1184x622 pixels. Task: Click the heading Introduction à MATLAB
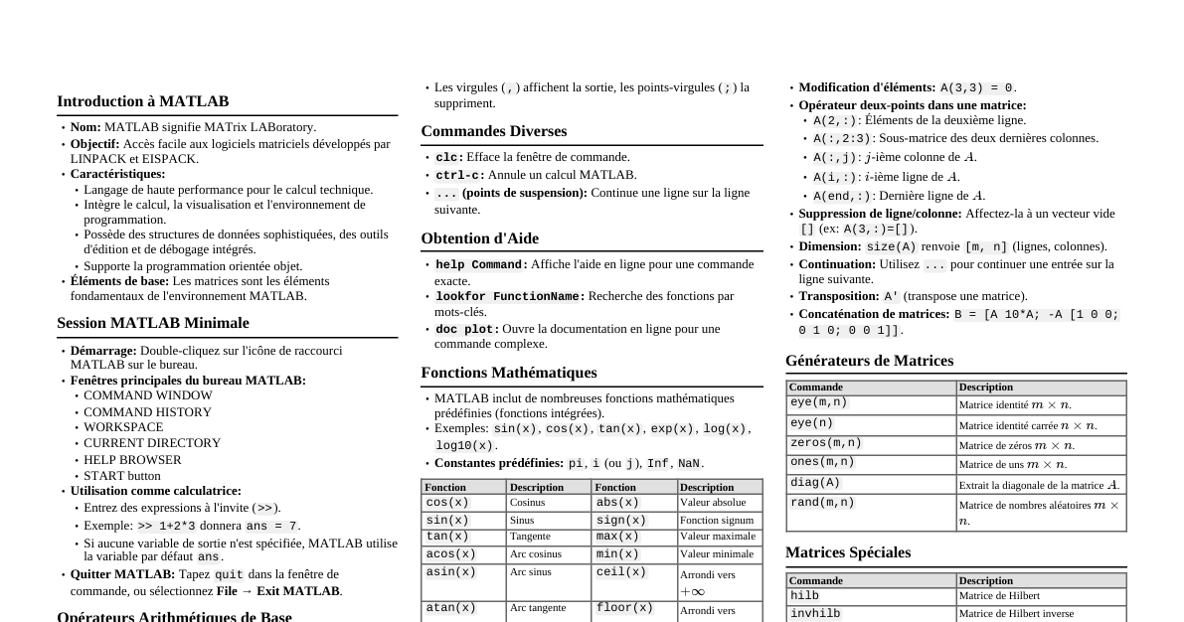142,101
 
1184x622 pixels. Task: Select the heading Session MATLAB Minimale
152,323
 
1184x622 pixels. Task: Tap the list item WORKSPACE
123,427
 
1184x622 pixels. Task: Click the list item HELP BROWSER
132,460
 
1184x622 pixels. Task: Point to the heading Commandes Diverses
493,131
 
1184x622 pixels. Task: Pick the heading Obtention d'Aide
479,238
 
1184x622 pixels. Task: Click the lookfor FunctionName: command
510,296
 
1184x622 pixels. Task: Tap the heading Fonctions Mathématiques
509,373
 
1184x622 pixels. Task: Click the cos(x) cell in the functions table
447,503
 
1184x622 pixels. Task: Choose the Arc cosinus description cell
536,554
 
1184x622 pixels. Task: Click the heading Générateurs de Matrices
869,361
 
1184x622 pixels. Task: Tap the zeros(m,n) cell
826,443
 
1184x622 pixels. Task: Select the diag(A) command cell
815,483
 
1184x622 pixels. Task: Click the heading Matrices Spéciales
848,552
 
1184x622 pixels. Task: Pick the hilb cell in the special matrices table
805,596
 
